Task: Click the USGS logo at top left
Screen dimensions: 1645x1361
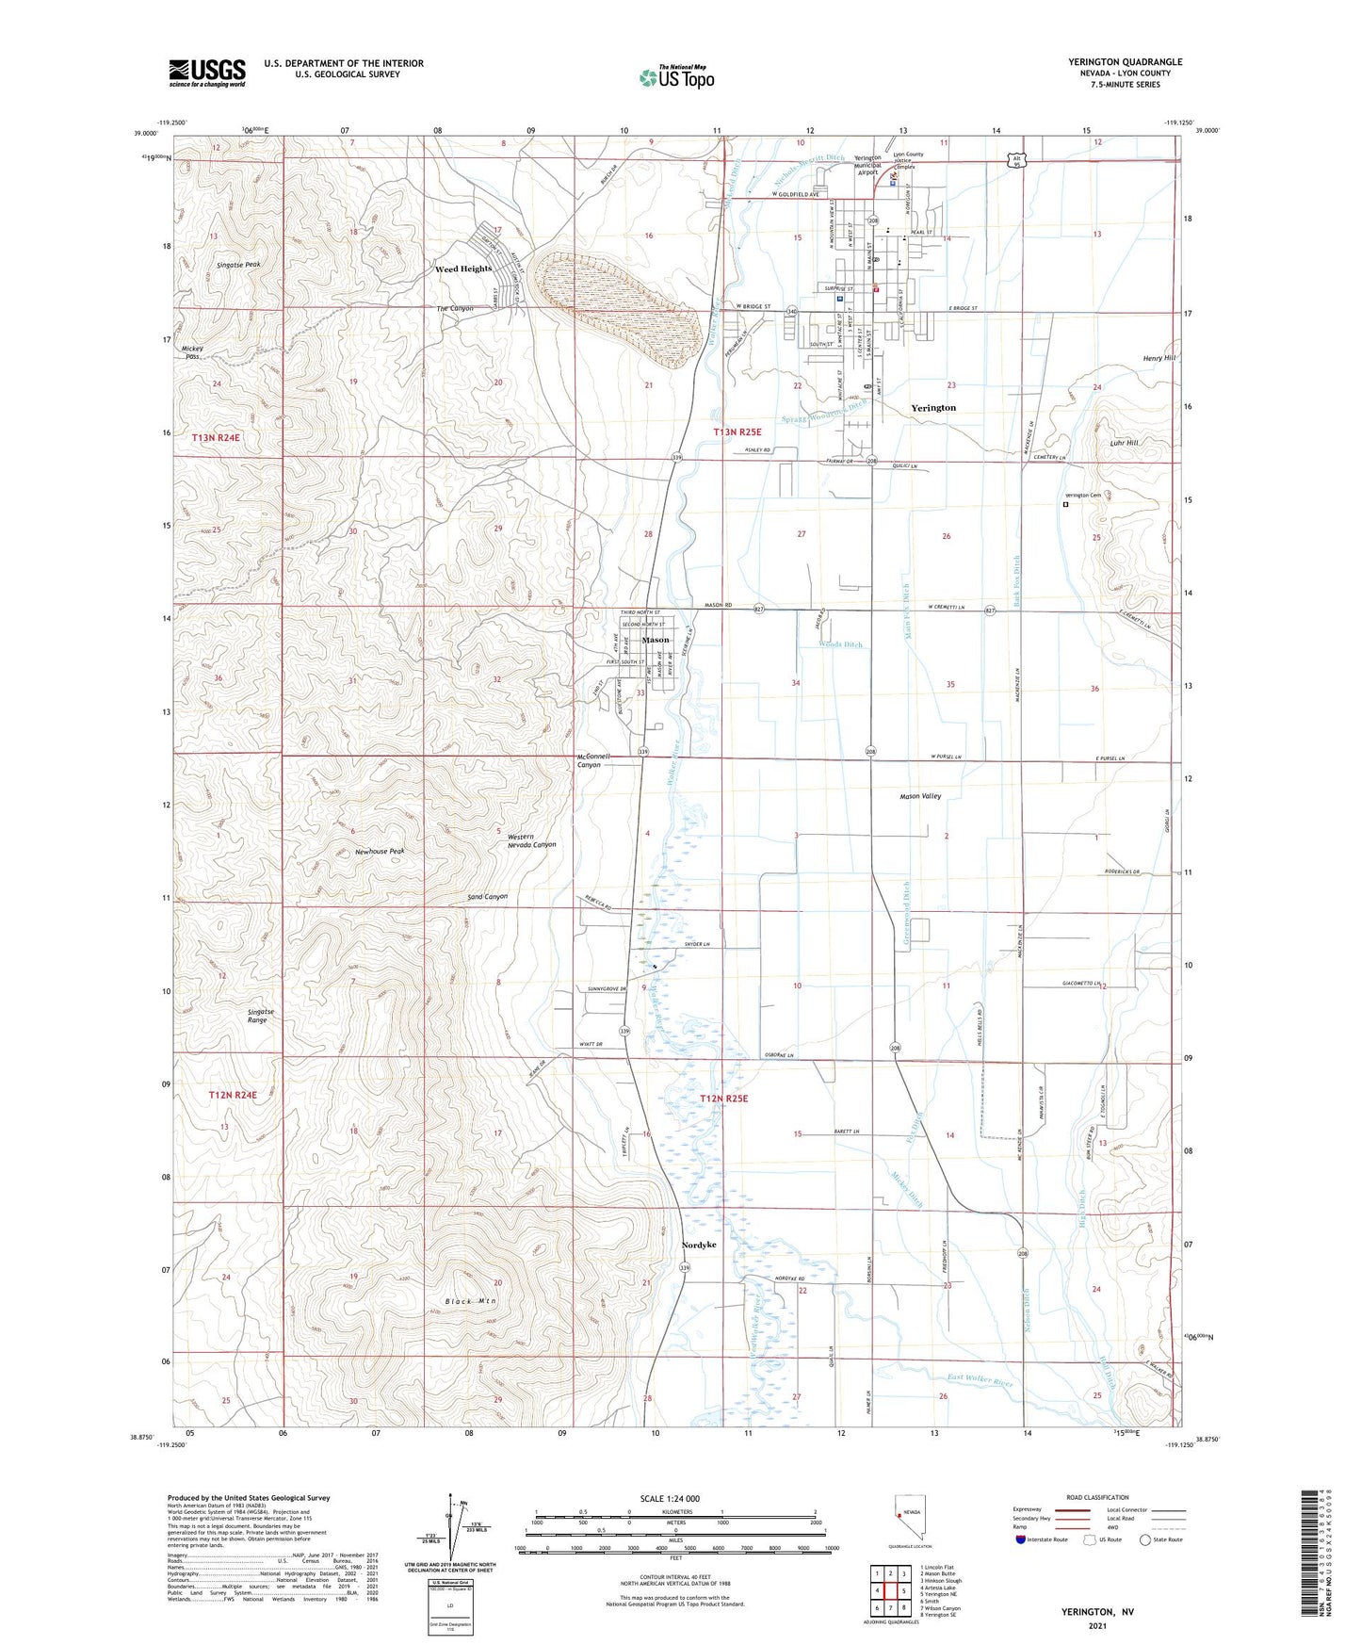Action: pos(207,73)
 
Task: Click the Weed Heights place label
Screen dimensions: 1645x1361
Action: pos(463,269)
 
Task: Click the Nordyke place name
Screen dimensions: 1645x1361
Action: pos(698,1245)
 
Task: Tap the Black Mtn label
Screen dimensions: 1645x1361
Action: pos(471,1301)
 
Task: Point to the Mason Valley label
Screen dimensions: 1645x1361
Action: pos(920,796)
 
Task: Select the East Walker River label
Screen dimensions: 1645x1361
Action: pos(980,1382)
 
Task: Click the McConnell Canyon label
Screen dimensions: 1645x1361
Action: pos(594,760)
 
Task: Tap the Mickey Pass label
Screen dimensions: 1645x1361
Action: pos(193,352)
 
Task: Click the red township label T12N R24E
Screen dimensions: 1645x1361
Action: pos(232,1095)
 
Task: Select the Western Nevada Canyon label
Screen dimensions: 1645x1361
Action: pos(531,840)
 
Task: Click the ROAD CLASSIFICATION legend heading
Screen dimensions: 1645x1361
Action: pos(1097,1497)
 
